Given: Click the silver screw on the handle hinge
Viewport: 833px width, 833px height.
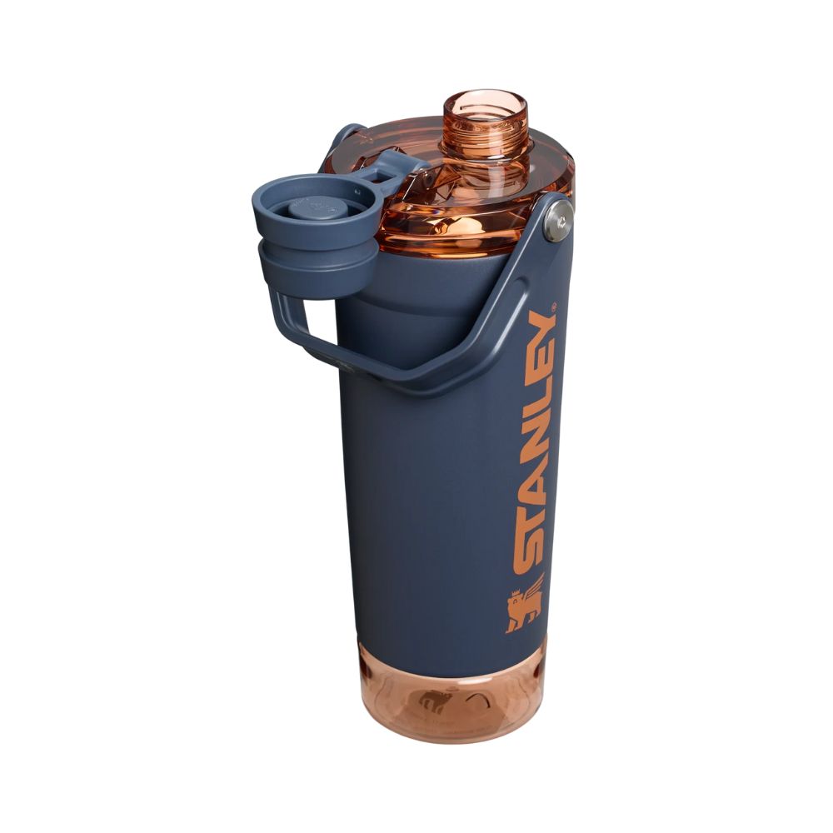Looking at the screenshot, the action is tap(557, 223).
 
